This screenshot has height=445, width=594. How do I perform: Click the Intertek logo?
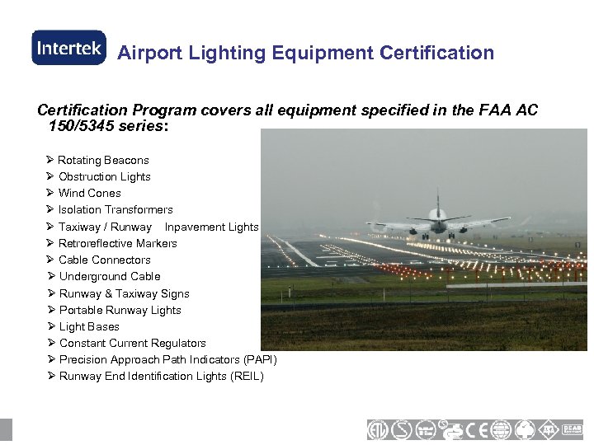68,48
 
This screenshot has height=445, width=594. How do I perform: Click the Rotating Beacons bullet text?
103,160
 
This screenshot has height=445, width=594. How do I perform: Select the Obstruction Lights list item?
105,176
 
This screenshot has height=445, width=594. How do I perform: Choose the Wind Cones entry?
90,193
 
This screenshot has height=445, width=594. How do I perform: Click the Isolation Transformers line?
115,209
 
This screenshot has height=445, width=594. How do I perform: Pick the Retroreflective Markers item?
118,243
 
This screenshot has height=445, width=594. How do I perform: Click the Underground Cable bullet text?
110,276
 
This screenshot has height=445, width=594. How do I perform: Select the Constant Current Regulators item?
133,343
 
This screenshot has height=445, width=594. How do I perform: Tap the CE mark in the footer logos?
478,429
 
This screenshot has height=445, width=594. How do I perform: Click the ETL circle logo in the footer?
379,429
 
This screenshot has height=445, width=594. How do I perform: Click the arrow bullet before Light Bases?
50,326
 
